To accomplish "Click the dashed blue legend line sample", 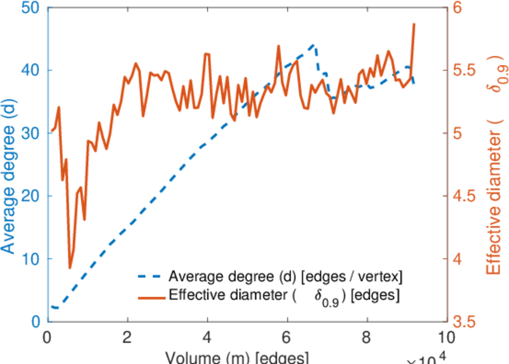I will pos(149,278).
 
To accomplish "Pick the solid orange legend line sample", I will pos(149,297).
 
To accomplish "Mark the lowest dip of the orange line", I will pos(70,268).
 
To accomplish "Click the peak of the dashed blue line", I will pos(313,44).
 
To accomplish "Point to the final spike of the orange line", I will pos(414,24).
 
